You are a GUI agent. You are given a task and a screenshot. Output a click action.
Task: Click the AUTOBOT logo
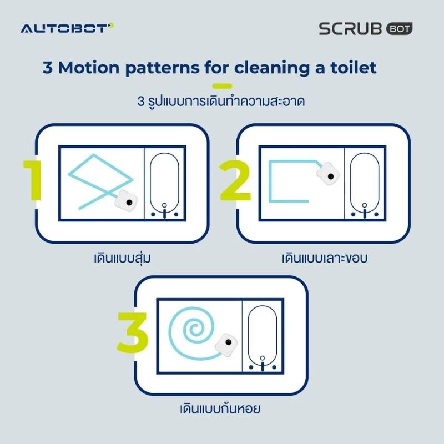coord(67,28)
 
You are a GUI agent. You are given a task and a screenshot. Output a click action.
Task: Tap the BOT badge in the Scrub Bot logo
coord(399,29)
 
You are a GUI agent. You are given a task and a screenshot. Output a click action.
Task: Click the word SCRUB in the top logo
coord(351,29)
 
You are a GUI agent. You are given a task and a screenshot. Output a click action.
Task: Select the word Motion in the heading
coord(89,68)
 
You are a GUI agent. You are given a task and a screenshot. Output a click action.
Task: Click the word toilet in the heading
coord(353,68)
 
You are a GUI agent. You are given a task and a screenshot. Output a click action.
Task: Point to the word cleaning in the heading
coord(271,68)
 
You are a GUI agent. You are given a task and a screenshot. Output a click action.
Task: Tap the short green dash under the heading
coord(222,86)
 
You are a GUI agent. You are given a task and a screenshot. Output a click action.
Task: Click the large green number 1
coord(34,180)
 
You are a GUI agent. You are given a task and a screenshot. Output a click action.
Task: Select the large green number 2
coord(235,180)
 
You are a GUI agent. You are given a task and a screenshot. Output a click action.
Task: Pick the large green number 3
coord(132,332)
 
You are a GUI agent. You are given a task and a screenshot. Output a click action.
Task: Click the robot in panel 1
coord(126,201)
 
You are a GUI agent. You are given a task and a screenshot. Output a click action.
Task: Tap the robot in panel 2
coord(328,174)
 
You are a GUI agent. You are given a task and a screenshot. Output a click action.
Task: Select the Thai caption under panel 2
coord(325,258)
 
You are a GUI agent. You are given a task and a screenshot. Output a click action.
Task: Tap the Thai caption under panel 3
coord(220,409)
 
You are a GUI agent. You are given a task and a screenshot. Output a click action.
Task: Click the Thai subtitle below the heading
coord(221,102)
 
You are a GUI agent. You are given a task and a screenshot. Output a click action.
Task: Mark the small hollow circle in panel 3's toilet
coord(262,358)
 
